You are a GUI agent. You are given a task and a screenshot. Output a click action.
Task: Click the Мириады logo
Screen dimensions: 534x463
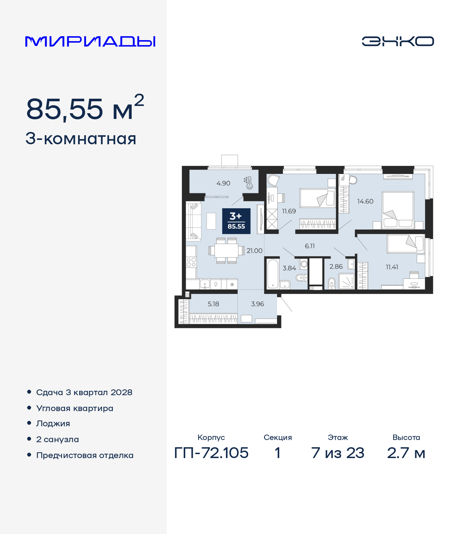(90, 42)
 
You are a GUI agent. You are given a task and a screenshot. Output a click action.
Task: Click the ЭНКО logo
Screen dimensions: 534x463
(398, 41)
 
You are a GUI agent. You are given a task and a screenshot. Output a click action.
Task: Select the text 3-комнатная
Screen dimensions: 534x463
(81, 139)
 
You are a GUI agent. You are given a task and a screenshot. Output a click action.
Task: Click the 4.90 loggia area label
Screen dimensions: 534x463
(223, 183)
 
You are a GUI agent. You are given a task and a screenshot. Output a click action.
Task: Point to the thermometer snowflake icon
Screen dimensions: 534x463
(249, 183)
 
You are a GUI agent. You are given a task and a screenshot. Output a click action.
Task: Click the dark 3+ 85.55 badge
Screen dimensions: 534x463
(236, 221)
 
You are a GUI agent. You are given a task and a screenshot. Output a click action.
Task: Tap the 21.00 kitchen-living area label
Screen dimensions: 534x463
(255, 251)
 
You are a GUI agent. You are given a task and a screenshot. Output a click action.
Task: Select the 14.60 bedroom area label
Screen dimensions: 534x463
(365, 201)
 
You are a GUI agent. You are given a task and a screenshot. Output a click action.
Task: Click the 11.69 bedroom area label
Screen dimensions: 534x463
(289, 211)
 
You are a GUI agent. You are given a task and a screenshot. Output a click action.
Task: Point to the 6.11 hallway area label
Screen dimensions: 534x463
(310, 246)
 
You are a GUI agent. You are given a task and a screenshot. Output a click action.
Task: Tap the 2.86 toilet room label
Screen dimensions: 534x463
(336, 266)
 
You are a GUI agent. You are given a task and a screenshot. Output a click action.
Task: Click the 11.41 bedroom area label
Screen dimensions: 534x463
(392, 267)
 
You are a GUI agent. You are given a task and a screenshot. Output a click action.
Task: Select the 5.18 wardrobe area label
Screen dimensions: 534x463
(213, 304)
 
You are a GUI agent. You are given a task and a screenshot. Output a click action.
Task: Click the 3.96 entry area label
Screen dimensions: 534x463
(258, 304)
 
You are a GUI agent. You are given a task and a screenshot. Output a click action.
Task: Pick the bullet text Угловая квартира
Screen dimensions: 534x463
(75, 408)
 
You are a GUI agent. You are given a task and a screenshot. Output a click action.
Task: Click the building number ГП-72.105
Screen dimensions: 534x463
(211, 453)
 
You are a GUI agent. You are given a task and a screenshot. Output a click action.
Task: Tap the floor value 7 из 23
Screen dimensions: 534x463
(337, 453)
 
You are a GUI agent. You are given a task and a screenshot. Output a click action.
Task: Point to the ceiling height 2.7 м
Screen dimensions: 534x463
(406, 453)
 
